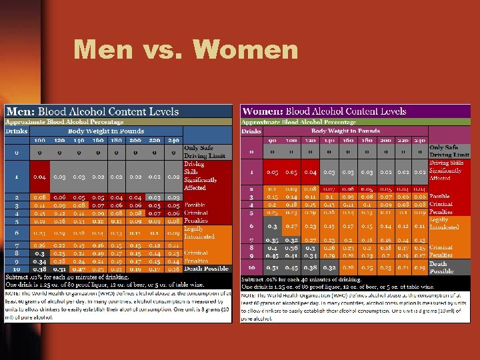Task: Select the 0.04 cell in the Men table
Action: pos(40,177)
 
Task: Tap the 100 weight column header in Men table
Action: pos(40,141)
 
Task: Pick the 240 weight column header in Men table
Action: pos(173,141)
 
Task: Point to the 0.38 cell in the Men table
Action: pos(40,269)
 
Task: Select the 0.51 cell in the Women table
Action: pos(273,267)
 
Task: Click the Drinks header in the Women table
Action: pos(251,131)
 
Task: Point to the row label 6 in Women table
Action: pos(252,226)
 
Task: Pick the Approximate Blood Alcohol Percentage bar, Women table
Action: pos(298,122)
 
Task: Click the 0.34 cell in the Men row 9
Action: pos(40,261)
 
